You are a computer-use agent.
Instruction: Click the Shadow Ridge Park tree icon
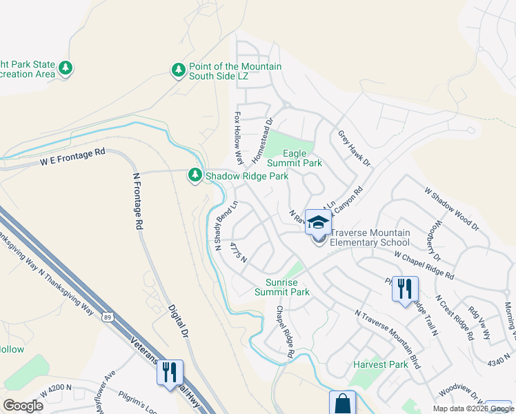196,176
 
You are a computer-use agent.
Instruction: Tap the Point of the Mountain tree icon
178,70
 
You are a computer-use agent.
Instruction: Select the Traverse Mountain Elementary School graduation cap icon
318,222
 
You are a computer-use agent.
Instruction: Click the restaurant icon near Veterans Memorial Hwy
170,373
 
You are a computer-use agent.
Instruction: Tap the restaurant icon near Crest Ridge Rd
405,288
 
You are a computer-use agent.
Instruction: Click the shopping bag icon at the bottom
342,402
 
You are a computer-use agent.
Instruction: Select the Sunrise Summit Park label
288,287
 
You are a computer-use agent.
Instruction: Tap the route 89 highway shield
108,317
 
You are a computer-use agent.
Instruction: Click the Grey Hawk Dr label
355,149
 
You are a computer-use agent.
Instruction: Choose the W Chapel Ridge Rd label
424,265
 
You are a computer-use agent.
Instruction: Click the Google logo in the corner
23,405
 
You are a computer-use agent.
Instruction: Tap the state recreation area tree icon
66,68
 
